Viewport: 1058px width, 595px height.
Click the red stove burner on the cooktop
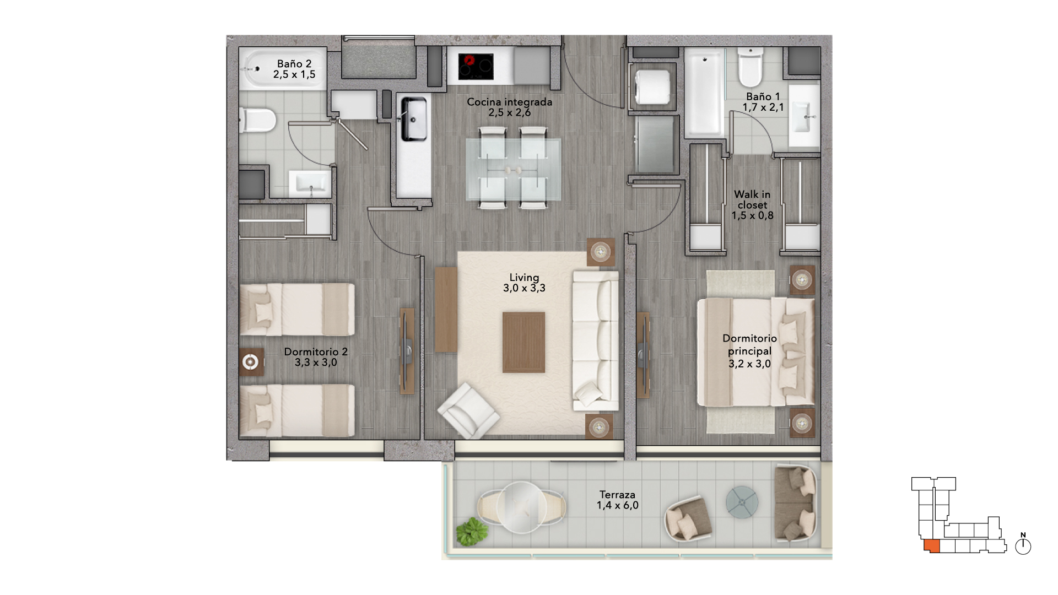click(469, 60)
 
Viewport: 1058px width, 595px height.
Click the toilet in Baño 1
click(750, 67)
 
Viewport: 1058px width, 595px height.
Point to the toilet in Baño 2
click(257, 120)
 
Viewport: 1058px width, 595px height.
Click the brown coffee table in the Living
click(523, 342)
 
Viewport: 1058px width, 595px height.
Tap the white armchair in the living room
click(468, 411)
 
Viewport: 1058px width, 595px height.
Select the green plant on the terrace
click(472, 532)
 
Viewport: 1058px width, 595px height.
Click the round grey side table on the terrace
click(742, 502)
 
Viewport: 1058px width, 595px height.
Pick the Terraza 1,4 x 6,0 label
click(618, 500)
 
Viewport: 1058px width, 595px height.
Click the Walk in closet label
click(752, 199)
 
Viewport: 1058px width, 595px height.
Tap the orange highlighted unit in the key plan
click(932, 546)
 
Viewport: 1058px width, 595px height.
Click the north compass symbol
click(1023, 545)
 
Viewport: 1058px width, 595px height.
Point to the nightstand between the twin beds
click(251, 362)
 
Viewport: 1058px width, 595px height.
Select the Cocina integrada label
click(509, 102)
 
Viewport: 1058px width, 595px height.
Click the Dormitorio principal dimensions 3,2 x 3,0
click(749, 364)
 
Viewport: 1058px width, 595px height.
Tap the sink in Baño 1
click(804, 116)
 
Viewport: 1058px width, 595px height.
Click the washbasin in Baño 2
click(310, 183)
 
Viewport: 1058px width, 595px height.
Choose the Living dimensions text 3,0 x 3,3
click(524, 288)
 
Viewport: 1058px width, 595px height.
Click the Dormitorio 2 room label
click(316, 351)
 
